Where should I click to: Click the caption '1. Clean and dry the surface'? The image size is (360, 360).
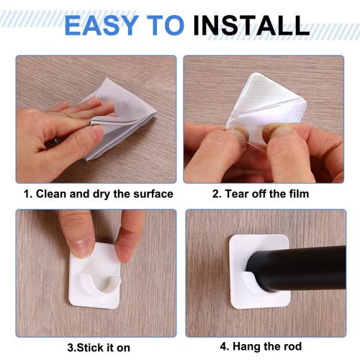(99, 193)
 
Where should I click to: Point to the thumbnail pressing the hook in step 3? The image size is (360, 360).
(81, 247)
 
